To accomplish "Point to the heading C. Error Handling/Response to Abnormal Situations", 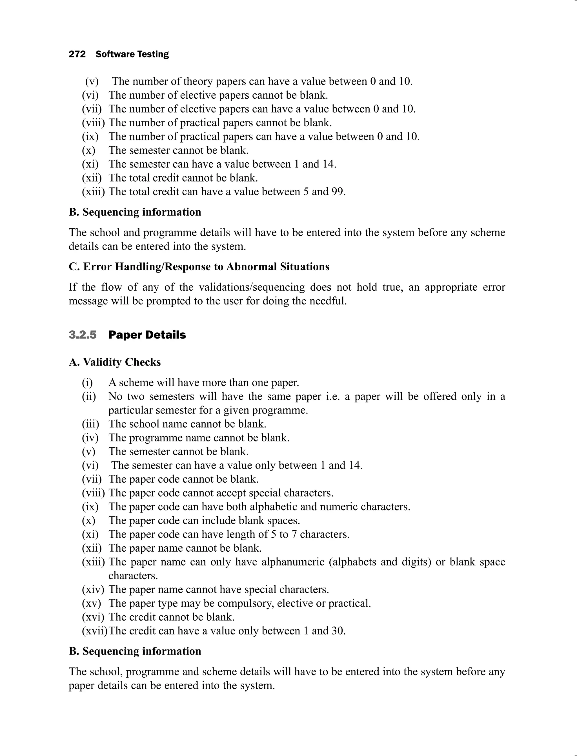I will [199, 267].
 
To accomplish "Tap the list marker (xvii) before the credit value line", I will [94, 631].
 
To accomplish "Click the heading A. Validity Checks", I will [115, 362].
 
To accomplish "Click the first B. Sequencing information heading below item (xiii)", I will [135, 212].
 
